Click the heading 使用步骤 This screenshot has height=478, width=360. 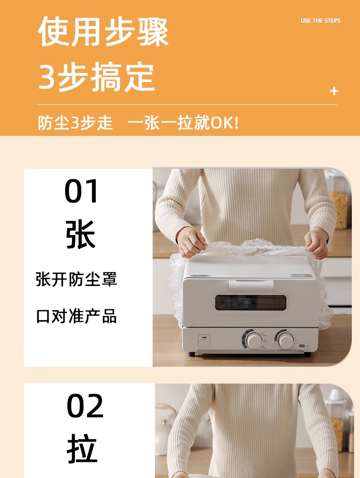[x=103, y=31]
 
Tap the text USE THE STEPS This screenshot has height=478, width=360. [x=320, y=21]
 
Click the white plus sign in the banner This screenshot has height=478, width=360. [x=334, y=91]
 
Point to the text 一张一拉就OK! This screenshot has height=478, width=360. [x=183, y=123]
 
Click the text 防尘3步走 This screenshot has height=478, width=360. [x=75, y=123]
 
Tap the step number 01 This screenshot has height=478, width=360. [x=81, y=191]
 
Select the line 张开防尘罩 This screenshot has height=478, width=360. [x=77, y=279]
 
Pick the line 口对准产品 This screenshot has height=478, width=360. [x=77, y=316]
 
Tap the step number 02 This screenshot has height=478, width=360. [x=85, y=406]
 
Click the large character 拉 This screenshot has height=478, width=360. [x=82, y=448]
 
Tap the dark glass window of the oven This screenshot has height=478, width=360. [x=251, y=302]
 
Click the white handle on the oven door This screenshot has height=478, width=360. [x=251, y=285]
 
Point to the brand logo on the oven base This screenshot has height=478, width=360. [x=204, y=340]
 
